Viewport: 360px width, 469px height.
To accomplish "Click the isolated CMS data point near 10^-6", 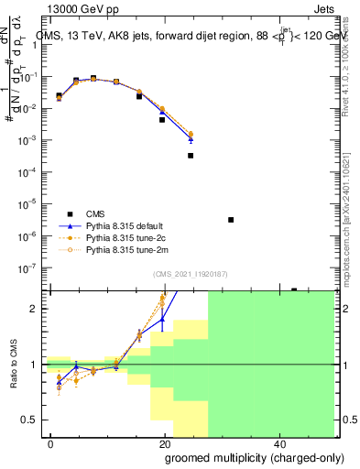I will click(x=231, y=220).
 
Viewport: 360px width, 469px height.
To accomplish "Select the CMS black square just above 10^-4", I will click(x=191, y=156).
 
